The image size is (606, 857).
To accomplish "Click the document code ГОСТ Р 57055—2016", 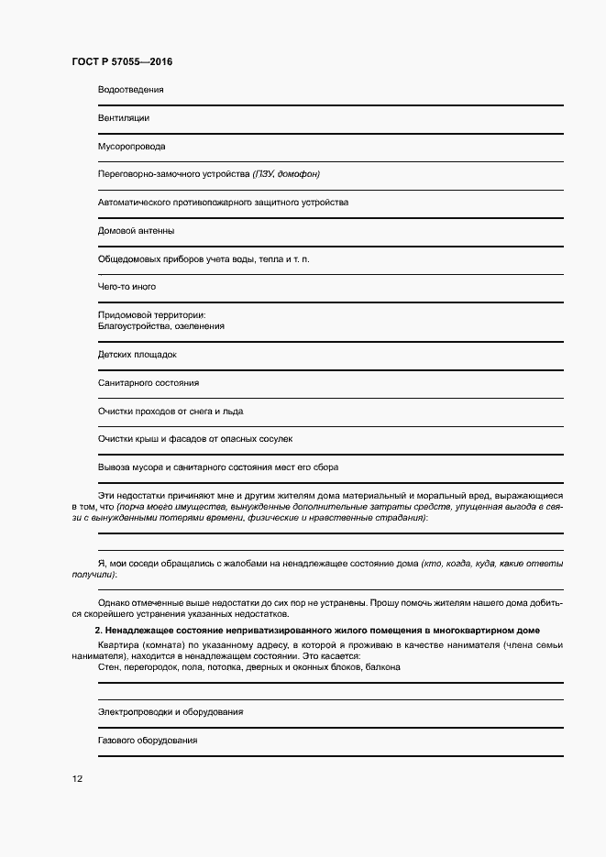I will click(122, 62).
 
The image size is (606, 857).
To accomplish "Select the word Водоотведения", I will click(130, 90).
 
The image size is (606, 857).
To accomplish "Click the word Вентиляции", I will click(124, 118).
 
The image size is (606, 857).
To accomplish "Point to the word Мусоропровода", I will click(131, 146).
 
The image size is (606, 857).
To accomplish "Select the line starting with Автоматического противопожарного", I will click(223, 202).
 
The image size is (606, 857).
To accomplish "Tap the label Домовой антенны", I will click(136, 230).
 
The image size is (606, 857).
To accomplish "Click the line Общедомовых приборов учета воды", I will click(204, 258).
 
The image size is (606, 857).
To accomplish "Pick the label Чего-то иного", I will click(127, 287).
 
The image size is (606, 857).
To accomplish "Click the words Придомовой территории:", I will click(151, 315).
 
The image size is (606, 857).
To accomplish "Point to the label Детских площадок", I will click(137, 354).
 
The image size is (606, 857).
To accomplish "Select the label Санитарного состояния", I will click(148, 382).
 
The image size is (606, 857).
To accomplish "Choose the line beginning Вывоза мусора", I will click(218, 467).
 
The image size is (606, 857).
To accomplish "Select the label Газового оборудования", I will click(148, 740).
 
